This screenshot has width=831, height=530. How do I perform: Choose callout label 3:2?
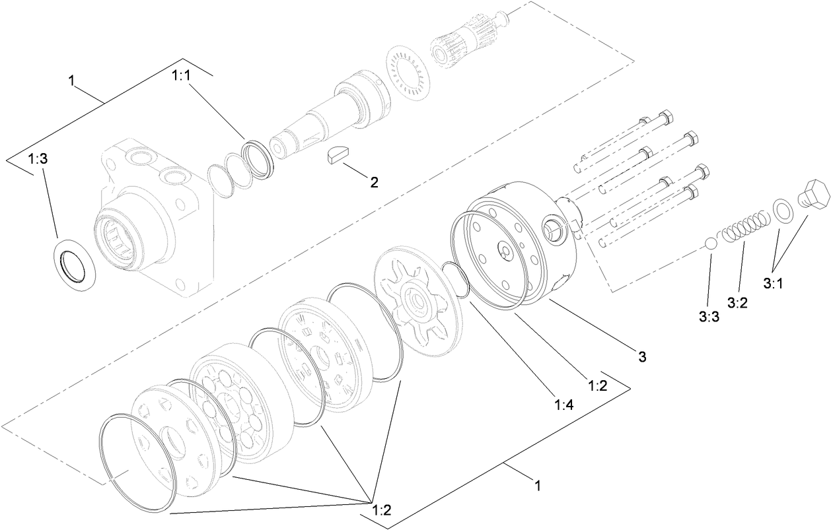(737, 303)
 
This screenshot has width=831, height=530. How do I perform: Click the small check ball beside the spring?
(711, 243)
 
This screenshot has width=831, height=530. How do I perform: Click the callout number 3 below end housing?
(641, 357)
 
